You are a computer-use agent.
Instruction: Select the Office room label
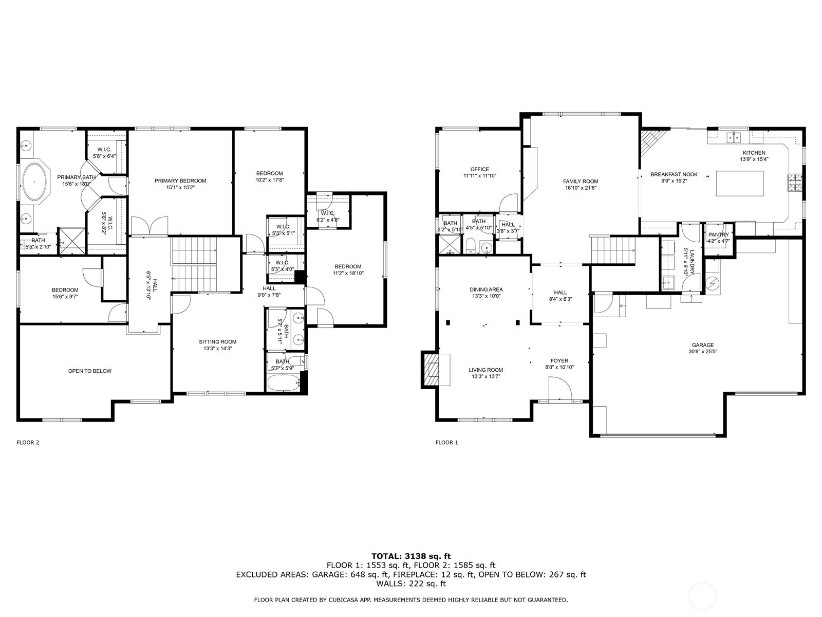click(x=479, y=169)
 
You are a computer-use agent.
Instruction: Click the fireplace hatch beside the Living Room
click(x=431, y=369)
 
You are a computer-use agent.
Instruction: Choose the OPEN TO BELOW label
click(x=90, y=371)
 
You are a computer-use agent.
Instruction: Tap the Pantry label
click(x=718, y=235)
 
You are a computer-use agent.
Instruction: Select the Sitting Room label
click(x=218, y=342)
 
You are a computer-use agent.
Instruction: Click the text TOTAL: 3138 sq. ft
click(x=410, y=556)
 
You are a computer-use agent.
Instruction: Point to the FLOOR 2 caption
click(x=28, y=442)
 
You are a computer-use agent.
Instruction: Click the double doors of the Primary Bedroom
click(x=150, y=226)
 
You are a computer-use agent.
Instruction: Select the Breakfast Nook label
click(x=674, y=174)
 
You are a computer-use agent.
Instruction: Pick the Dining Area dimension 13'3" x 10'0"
click(x=486, y=296)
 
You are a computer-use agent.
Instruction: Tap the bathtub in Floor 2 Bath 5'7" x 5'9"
click(x=283, y=383)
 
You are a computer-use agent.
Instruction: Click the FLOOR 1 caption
click(x=446, y=442)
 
